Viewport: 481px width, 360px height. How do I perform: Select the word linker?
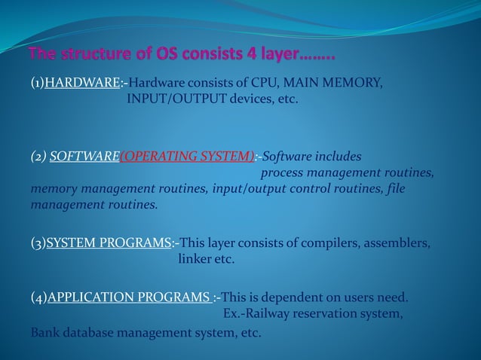[195, 260]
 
